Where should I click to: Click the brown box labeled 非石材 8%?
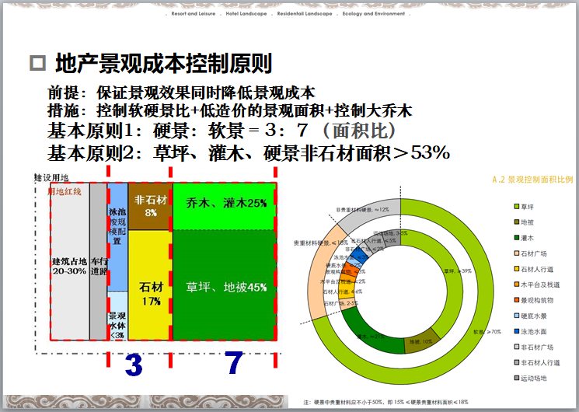[x=150, y=206]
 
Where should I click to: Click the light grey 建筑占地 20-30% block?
[x=70, y=264]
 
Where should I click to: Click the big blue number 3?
[x=134, y=365]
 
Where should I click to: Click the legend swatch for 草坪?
[x=516, y=206]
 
